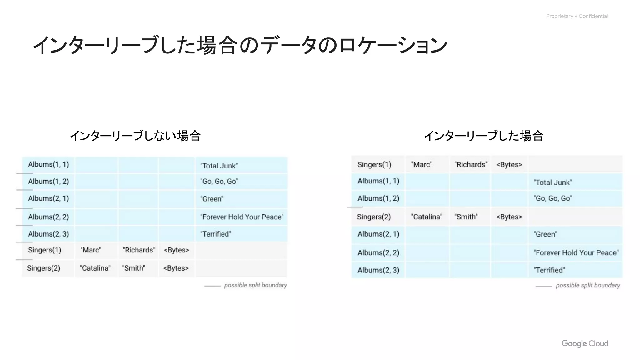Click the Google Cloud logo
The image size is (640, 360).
(x=585, y=343)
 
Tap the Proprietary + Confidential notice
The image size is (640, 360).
(x=577, y=16)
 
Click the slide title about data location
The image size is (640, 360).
(x=240, y=45)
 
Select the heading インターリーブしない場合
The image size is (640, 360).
(x=135, y=136)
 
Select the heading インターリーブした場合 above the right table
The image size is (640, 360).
(x=483, y=136)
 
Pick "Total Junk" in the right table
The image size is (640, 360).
(x=552, y=182)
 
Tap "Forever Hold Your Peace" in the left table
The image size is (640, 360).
(x=242, y=217)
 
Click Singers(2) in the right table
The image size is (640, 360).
(x=374, y=217)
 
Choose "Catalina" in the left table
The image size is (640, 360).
(x=95, y=268)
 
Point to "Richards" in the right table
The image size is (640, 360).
(x=471, y=165)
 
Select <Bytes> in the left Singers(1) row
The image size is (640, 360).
(x=177, y=250)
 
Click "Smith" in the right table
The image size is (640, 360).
(x=466, y=217)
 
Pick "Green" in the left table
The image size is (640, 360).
(x=212, y=199)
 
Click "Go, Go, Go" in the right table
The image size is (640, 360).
(x=552, y=198)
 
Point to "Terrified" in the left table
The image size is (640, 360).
(x=216, y=234)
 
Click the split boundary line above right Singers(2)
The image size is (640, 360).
(x=355, y=207)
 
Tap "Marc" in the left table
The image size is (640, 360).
(x=91, y=250)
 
